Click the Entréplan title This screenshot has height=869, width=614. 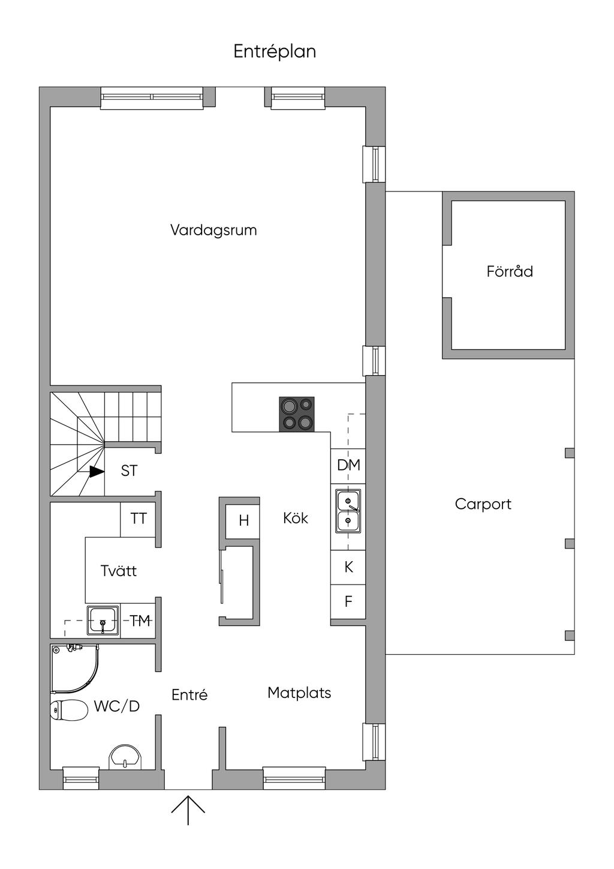pos(275,52)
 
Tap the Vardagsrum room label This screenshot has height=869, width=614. pos(213,230)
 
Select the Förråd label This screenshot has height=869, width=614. pos(510,271)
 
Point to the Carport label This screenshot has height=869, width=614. pos(483,504)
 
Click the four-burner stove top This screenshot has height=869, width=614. pos(297,414)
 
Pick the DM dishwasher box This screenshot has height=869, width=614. pos(348,466)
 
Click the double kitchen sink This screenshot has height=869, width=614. pos(348,511)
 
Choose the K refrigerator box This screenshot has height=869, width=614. pos(348,567)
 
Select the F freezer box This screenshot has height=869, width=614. pos(348,601)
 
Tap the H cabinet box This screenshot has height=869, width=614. pos(242,522)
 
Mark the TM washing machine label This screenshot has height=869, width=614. pos(140,621)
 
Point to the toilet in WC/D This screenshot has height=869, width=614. pos(68,711)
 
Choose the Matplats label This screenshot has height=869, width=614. pos(299,693)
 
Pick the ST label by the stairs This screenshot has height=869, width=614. pos(129,471)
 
